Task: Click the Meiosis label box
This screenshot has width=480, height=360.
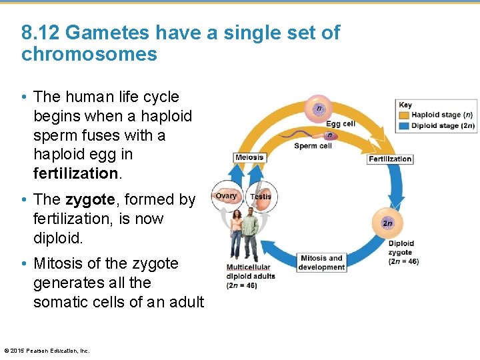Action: coord(249,158)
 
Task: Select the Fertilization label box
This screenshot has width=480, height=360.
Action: coord(390,159)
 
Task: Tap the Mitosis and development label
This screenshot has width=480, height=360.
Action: coord(322,263)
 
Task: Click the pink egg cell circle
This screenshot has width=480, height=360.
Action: coord(319,108)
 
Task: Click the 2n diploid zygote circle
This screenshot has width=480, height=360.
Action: coord(387,223)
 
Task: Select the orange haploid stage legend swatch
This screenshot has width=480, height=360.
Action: coord(405,115)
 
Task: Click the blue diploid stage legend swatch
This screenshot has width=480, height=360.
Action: coord(405,125)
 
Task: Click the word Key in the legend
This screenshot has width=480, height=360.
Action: coord(405,105)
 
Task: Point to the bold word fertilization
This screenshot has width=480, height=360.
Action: coord(75,173)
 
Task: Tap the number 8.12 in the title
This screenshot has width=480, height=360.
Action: coord(41,33)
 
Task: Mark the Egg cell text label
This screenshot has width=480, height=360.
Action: coord(340,123)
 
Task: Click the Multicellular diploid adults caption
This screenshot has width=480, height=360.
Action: coord(251,277)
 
